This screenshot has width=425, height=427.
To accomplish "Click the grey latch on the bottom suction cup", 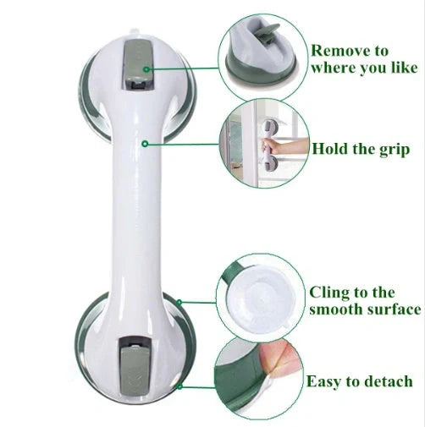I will (x=131, y=363).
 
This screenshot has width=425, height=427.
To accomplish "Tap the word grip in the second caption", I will (x=392, y=150).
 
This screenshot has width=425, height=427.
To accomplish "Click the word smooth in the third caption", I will (x=339, y=309).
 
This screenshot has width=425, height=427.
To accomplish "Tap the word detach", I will (x=387, y=381).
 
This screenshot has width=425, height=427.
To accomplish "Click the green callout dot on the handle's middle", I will (x=145, y=145).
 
